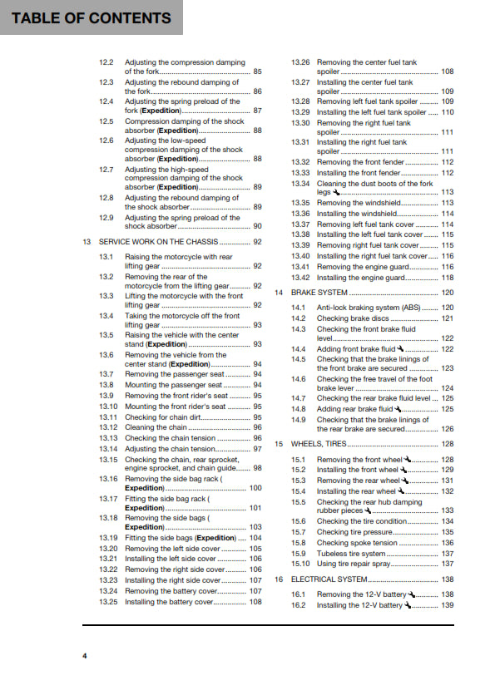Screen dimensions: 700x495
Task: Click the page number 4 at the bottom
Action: click(x=84, y=657)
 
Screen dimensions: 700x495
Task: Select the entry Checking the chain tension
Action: click(x=170, y=438)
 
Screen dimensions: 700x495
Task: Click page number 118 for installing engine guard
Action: click(x=448, y=278)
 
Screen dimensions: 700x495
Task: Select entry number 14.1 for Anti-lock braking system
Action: click(x=299, y=308)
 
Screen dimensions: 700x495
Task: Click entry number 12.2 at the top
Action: click(x=106, y=62)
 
